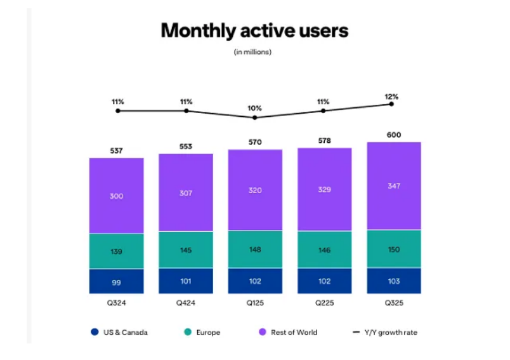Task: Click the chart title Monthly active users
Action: (x=254, y=30)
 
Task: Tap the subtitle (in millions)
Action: (x=253, y=52)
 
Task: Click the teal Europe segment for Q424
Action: (x=186, y=250)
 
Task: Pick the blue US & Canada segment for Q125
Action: (x=255, y=281)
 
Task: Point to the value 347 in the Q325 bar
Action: (x=394, y=186)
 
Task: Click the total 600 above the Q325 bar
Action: (x=393, y=135)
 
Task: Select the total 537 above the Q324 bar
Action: (x=116, y=151)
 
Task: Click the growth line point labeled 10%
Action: (x=255, y=117)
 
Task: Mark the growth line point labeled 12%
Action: (x=391, y=103)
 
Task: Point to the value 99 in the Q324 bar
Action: (x=116, y=283)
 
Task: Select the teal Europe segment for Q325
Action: (x=394, y=248)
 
